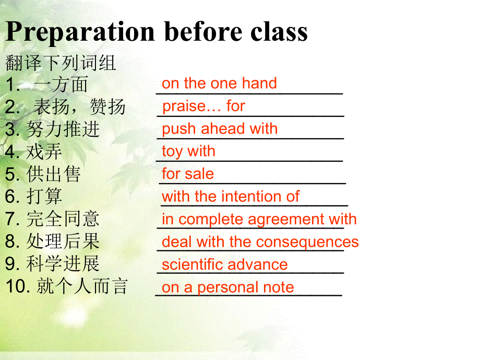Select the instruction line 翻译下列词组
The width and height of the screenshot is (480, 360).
coord(61,63)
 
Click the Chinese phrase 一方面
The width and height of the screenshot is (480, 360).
coord(61,85)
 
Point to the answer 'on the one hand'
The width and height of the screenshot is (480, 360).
coord(219,83)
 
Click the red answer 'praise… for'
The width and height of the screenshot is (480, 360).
coord(203,106)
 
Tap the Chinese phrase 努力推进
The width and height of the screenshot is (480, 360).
coord(63,129)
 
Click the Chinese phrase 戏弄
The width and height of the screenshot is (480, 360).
coord(44,152)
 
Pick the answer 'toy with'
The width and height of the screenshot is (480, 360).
coord(188,151)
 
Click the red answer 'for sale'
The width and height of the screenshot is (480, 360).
coord(188,174)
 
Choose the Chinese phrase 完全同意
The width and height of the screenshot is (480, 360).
coord(63,219)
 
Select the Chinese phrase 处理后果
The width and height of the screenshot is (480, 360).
coord(63,242)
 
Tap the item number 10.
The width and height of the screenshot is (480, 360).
coord(16,287)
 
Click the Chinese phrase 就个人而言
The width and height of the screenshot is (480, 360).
coord(82,287)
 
